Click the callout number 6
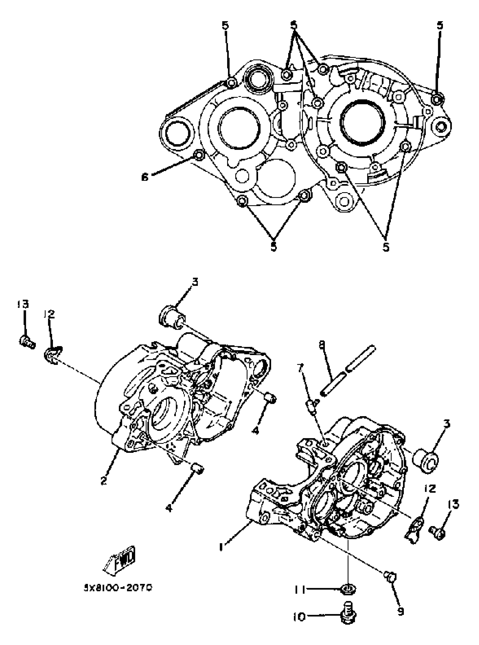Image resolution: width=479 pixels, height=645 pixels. point(145,177)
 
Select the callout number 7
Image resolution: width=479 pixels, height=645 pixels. point(300,369)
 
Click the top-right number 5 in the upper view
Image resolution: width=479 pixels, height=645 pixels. point(440,26)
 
